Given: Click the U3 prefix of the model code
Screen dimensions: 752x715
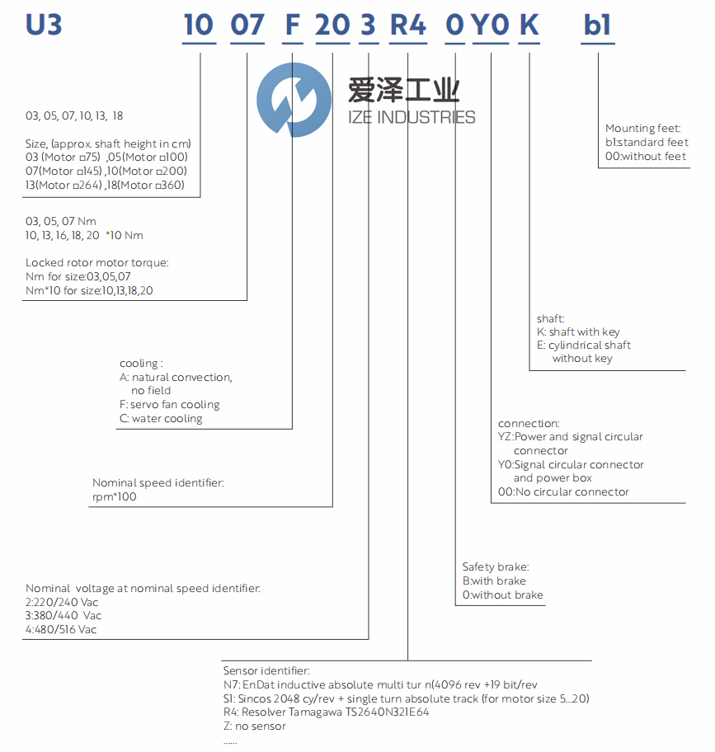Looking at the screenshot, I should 44,25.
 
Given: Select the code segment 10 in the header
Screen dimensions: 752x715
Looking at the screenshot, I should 199,25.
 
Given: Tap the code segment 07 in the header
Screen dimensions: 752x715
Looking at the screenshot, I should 247,25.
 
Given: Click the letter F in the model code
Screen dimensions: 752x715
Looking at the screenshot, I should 292,25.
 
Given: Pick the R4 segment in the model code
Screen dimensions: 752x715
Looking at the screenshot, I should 407,25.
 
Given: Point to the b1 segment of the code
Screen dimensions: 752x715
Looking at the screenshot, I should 597,25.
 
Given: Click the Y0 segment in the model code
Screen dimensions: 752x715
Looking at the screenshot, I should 491,25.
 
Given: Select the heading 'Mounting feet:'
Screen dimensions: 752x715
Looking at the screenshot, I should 643,128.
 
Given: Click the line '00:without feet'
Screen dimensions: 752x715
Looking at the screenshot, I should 646,156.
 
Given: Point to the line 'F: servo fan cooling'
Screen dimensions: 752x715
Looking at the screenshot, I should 169,405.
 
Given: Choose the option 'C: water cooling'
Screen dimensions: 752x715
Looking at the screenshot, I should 160,419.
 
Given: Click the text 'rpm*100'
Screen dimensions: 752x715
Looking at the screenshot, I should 115,497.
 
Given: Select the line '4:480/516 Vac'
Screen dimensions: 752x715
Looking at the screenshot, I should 62,630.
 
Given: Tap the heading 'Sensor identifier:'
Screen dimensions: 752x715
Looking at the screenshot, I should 266,671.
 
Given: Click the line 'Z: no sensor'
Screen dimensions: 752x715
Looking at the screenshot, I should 255,726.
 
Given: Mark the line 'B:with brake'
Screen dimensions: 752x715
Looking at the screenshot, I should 494,580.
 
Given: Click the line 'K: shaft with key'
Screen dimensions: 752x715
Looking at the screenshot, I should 578,331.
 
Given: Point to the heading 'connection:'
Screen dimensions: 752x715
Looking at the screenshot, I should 529,423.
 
